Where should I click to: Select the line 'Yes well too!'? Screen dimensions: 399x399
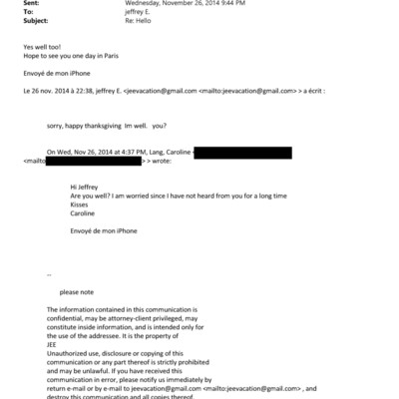click(x=44, y=47)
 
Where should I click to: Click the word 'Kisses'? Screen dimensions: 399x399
click(x=82, y=204)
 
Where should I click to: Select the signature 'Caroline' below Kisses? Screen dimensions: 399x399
click(x=86, y=213)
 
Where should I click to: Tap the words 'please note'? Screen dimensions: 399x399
click(x=79, y=292)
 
